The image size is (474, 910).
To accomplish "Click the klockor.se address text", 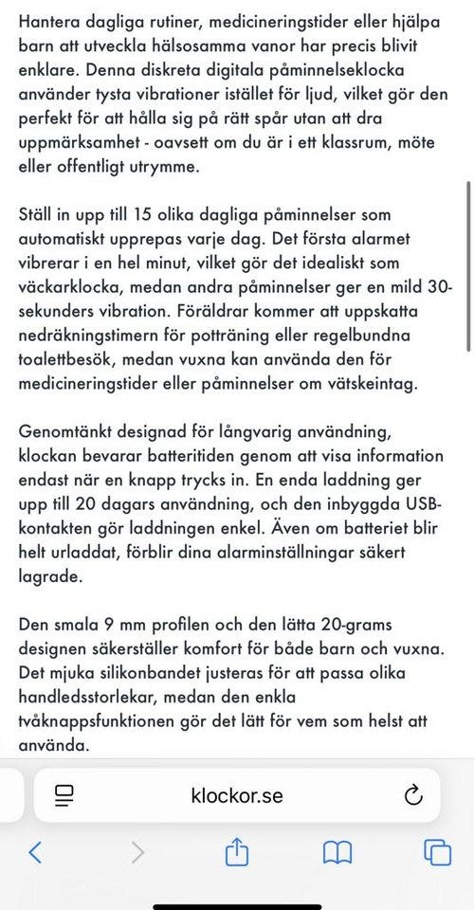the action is pos(237,794).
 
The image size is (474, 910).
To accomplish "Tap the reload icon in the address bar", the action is pos(413,794).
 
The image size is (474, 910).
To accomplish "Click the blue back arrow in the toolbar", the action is pos(35,852).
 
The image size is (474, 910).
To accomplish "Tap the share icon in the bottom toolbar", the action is pos(236,851).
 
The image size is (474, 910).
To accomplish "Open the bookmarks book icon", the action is pos(337,852).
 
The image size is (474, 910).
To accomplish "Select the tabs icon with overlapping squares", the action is pos(438,852).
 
